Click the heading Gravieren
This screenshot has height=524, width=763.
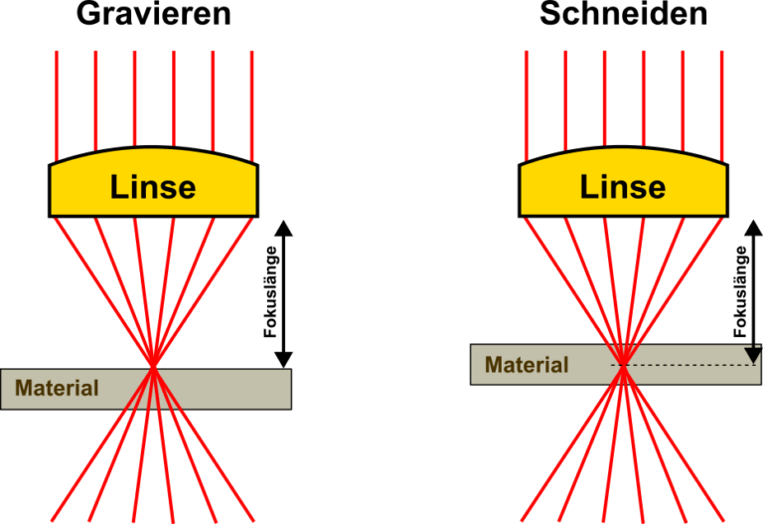pos(153,14)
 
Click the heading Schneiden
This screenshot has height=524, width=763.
pos(623,14)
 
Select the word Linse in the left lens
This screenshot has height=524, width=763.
pos(153,187)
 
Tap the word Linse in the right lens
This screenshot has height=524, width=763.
pos(623,187)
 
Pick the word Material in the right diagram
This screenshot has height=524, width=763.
pos(527,365)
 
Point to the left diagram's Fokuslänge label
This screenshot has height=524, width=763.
pos(269,293)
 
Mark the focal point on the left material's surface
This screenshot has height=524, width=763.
pos(153,369)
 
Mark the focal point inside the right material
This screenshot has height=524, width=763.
pos(623,366)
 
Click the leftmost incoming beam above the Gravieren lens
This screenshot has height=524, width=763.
pos(57,99)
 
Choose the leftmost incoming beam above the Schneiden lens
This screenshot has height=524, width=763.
pos(527,99)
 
